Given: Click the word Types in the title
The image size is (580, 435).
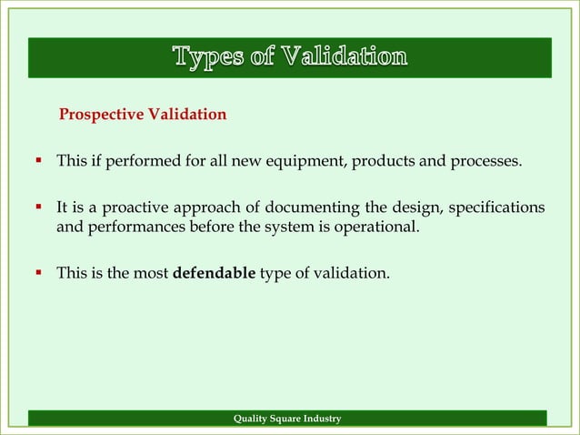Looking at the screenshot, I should point(205,57).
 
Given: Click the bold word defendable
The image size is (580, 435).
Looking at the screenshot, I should point(214,270).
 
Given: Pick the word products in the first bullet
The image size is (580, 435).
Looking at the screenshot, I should point(384,163).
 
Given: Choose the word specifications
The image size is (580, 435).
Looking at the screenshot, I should point(499,208).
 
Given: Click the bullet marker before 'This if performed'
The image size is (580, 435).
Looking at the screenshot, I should point(39,163).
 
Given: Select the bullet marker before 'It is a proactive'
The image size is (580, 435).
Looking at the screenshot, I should point(39,208).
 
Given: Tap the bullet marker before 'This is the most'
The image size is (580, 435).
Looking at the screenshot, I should point(39,270).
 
